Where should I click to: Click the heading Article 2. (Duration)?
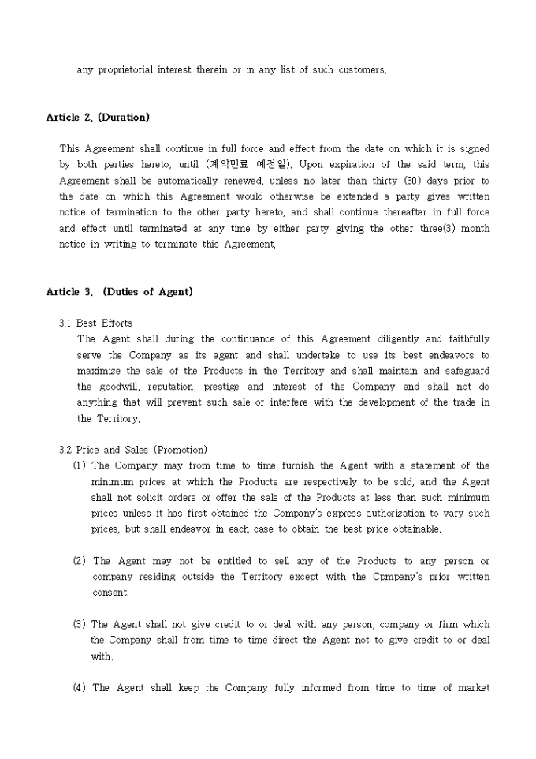98,118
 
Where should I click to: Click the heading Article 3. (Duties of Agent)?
119,292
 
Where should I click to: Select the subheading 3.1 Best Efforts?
96,323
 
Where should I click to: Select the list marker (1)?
80,465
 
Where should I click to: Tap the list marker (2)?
80,561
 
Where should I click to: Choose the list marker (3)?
80,624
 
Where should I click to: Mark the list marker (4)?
80,688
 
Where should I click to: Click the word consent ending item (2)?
110,593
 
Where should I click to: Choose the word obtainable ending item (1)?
412,529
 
